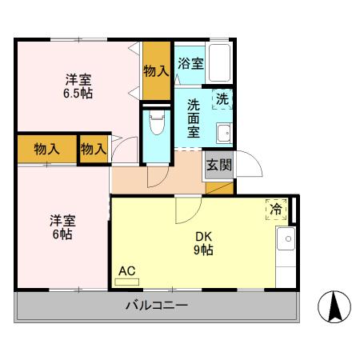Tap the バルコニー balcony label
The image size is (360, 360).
coord(156,306)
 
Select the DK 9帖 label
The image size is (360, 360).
coord(204,243)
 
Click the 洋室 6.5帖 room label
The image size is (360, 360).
coord(78,86)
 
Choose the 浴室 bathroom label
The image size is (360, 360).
coord(190,64)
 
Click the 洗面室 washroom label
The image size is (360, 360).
coord(195,119)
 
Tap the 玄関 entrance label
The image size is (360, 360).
coord(218,166)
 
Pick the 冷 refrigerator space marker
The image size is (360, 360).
coord(276,210)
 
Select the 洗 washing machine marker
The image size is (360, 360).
coord(223,101)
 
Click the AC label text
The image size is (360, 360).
coord(126,270)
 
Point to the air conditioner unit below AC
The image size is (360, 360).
coord(128,281)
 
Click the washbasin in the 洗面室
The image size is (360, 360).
coord(223,133)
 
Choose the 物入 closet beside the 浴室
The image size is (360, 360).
coord(156,71)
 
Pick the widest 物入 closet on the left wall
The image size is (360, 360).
coord(47,148)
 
